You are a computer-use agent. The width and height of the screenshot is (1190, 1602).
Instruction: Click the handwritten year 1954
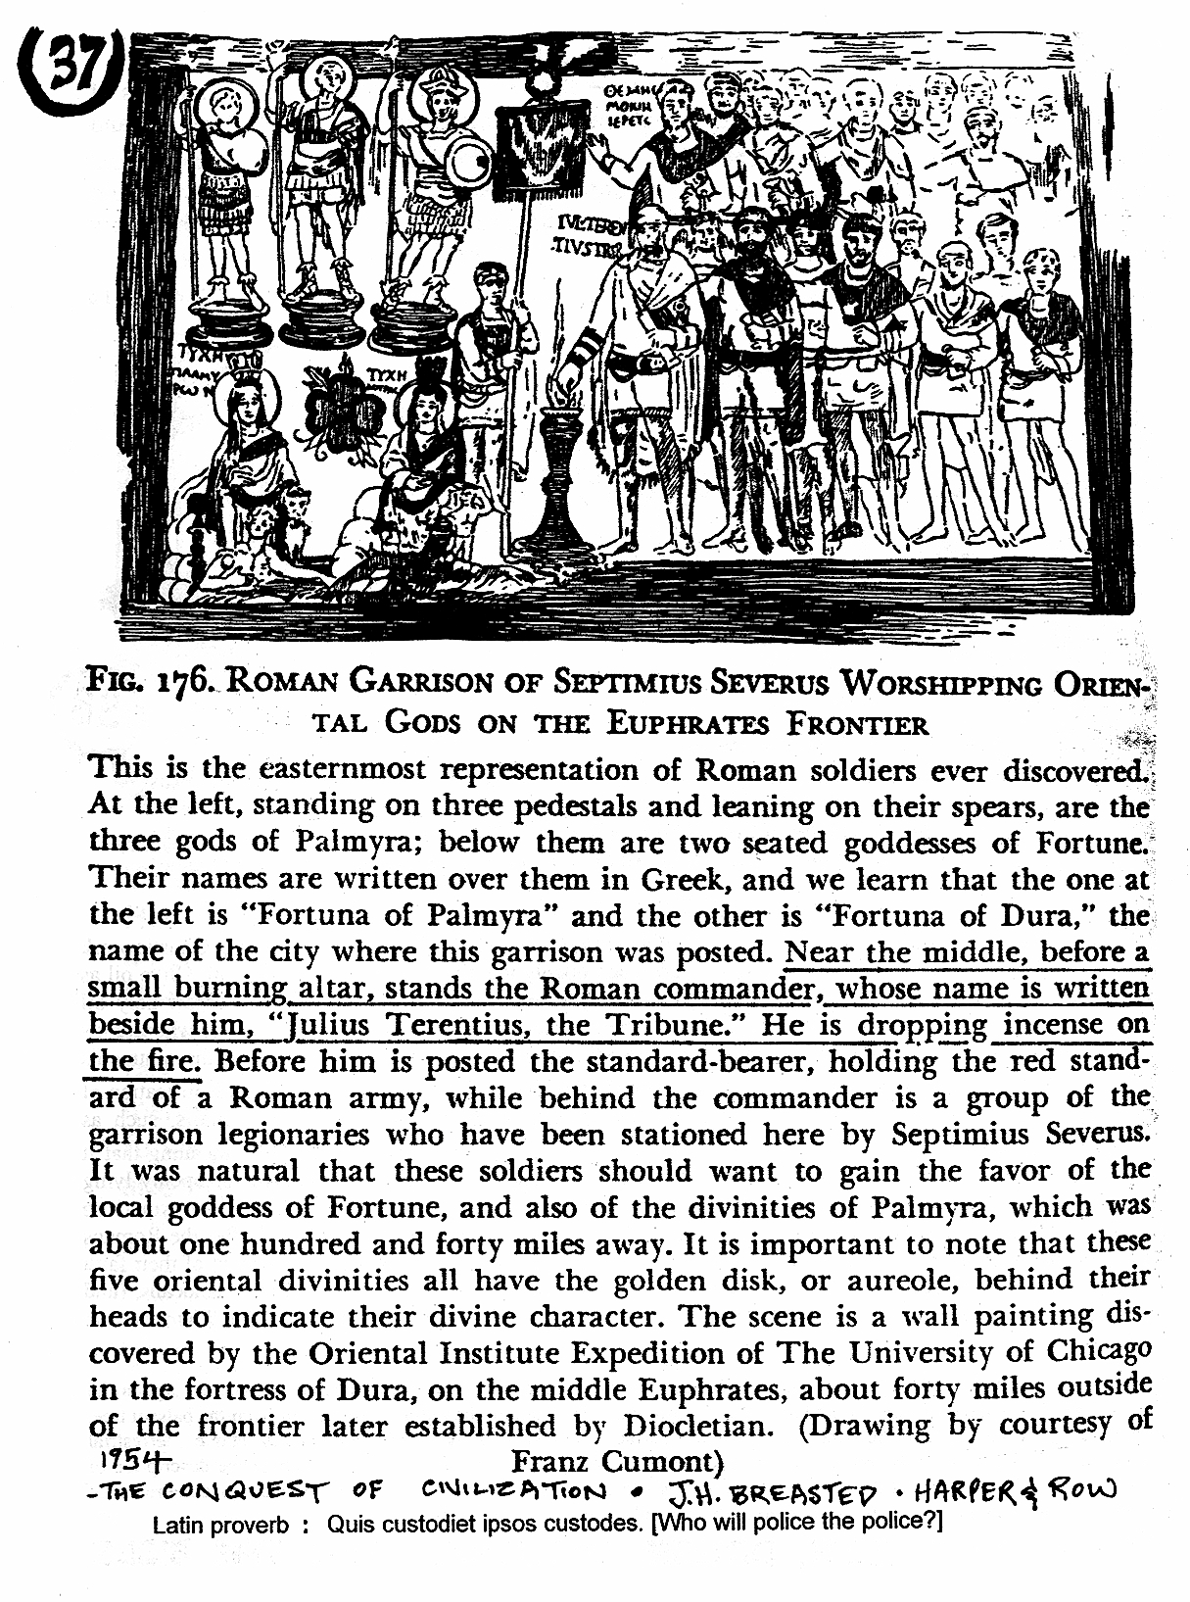point(136,1460)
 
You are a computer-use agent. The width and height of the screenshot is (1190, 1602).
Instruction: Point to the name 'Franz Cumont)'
point(617,1461)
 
